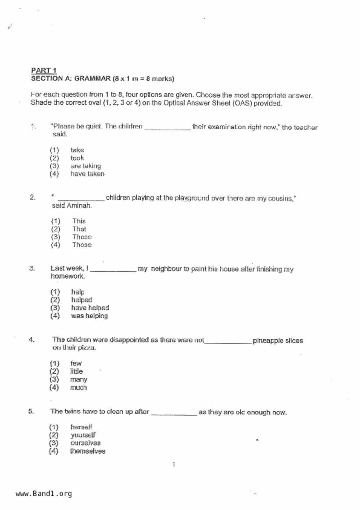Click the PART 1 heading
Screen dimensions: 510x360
point(44,70)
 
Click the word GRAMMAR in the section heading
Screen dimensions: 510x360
point(92,79)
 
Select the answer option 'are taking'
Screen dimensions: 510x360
point(85,166)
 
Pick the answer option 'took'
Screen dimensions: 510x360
point(77,158)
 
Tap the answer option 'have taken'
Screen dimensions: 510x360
point(87,174)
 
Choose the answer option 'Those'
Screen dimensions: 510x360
point(82,245)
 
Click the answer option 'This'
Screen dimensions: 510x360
point(79,221)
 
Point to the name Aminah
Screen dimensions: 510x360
point(79,206)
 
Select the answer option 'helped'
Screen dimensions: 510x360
point(82,300)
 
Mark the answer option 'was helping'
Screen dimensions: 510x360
point(89,316)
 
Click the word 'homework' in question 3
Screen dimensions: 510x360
point(67,276)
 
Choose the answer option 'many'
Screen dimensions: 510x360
point(78,379)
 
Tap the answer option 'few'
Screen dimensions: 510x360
point(76,363)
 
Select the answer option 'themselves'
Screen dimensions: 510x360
point(87,451)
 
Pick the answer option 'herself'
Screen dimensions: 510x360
point(81,427)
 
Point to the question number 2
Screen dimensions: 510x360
point(33,197)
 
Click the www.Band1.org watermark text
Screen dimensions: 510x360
point(44,494)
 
